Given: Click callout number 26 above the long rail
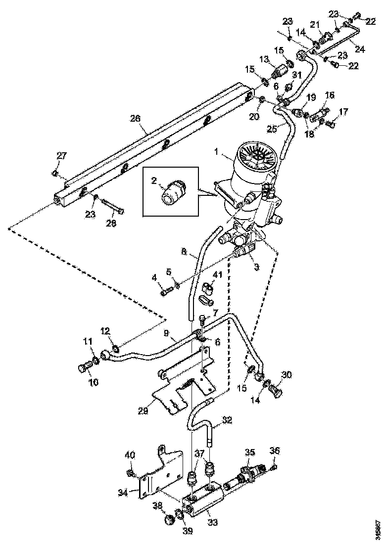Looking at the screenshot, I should click(135, 118).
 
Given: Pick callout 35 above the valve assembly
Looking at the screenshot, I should click(250, 452).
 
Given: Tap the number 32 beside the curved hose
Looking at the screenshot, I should click(227, 420).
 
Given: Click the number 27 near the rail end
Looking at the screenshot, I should click(61, 156).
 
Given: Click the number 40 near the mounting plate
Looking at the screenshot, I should click(129, 454).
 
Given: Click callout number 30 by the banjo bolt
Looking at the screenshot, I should click(287, 374).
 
